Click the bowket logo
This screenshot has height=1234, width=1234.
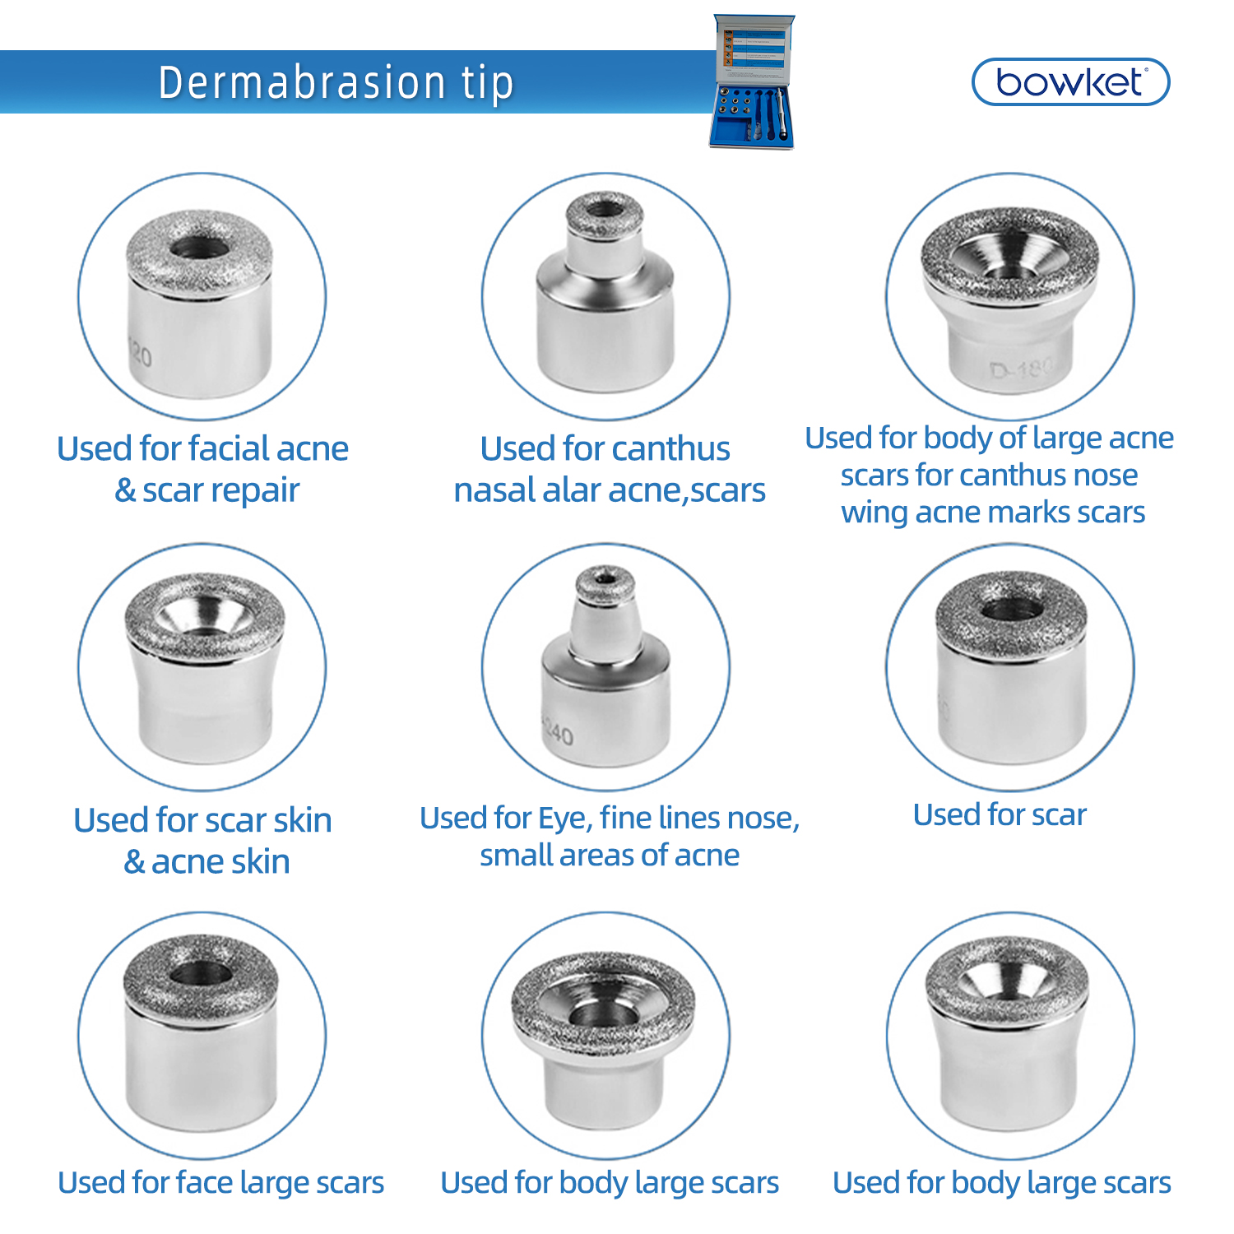click(1069, 81)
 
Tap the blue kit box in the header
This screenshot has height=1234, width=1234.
click(753, 82)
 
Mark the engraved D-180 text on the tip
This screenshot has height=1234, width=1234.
click(1021, 369)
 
